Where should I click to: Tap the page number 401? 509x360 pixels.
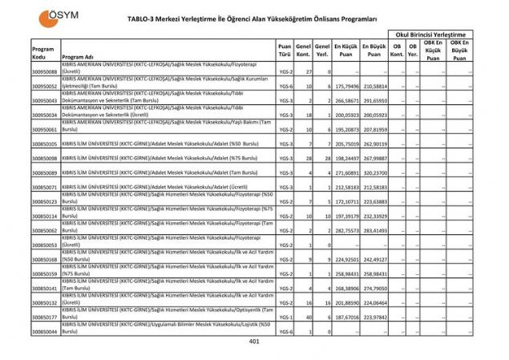click(254, 342)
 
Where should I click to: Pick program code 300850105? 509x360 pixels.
click(44, 144)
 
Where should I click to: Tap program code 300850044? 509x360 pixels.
click(44, 331)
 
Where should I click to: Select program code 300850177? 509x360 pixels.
click(44, 317)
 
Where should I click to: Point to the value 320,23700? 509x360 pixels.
click(374, 172)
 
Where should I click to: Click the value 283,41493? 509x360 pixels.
click(374, 230)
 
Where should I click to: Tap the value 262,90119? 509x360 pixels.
click(374, 144)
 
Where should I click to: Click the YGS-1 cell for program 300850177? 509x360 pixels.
click(285, 317)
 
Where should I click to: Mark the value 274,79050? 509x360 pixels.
click(374, 288)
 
